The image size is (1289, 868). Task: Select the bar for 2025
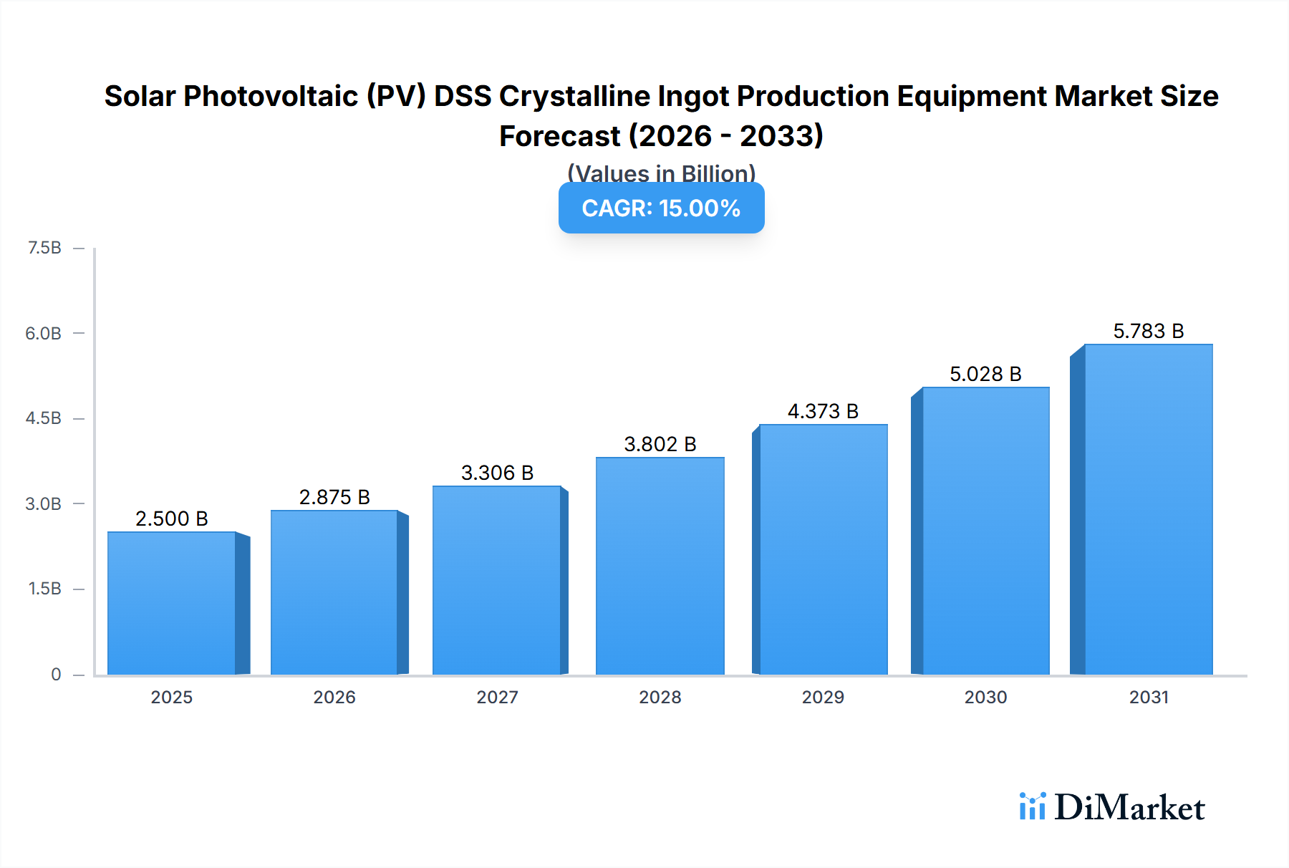(172, 603)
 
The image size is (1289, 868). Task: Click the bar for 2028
(660, 566)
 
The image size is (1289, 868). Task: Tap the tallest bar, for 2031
(1148, 509)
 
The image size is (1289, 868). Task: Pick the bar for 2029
(823, 549)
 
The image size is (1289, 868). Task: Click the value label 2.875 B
(334, 497)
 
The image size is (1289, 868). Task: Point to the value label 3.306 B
(497, 473)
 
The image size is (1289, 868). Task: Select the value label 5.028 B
(985, 374)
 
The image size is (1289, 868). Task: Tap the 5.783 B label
(1148, 331)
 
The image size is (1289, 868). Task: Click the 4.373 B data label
(823, 411)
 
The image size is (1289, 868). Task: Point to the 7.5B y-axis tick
(44, 248)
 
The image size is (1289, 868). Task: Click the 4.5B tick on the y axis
(44, 418)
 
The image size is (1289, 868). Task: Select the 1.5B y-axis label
(44, 589)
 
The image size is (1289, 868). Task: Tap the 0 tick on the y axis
(56, 674)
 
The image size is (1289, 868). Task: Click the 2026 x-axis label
(334, 697)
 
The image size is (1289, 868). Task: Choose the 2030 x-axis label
(985, 697)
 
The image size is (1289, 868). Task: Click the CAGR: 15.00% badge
(661, 208)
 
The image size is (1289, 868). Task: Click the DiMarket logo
(1111, 807)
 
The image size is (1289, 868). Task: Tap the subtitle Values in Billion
(661, 173)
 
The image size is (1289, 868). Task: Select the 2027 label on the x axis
(497, 697)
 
